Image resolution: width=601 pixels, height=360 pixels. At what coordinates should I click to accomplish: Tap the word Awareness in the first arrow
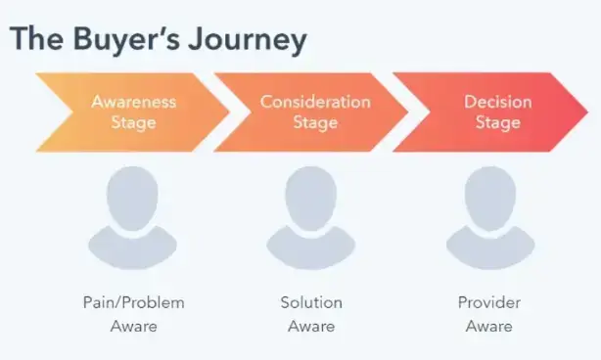[x=133, y=101]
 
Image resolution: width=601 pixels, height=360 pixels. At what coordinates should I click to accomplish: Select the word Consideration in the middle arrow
[x=315, y=101]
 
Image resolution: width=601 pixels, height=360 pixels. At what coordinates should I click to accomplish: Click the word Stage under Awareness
[x=133, y=122]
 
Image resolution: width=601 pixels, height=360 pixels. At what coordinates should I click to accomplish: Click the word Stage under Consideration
[x=315, y=122]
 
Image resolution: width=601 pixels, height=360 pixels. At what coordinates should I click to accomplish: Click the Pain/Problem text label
[x=133, y=302]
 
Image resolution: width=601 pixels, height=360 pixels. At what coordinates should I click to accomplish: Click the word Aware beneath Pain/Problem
[x=133, y=325]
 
